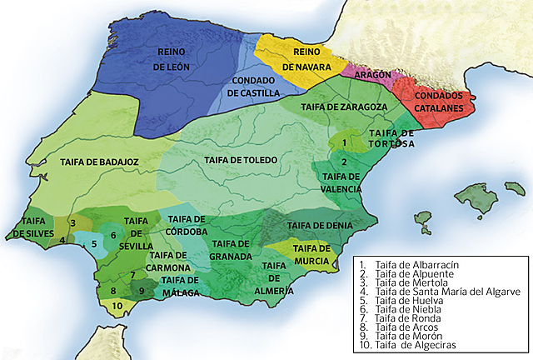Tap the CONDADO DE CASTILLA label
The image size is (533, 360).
click(254, 87)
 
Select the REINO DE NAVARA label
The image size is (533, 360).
click(301, 58)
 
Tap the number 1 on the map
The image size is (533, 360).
click(342, 142)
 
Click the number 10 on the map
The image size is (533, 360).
click(117, 306)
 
